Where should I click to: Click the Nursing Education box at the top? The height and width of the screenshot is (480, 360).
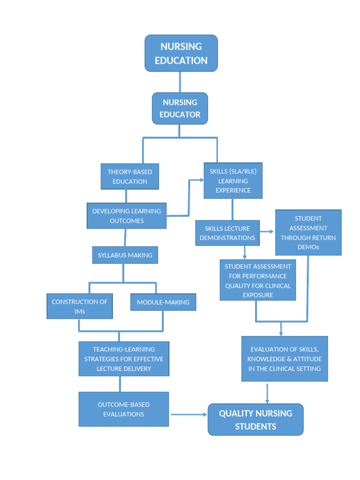[x=181, y=53]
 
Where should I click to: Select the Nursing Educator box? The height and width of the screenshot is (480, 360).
[x=180, y=108]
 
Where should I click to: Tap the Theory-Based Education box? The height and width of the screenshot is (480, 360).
[x=130, y=177]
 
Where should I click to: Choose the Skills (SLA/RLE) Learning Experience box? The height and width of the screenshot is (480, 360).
[x=233, y=181]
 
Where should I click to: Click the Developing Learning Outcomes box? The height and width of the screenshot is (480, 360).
[x=127, y=216]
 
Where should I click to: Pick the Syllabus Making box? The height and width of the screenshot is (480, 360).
[x=125, y=255]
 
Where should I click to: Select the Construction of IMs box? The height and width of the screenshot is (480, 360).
[x=79, y=306]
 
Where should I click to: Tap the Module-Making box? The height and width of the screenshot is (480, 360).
[x=163, y=302]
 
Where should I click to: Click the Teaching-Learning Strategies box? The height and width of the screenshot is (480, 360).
[x=124, y=359]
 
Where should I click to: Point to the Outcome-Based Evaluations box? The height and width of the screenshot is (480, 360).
[x=124, y=409]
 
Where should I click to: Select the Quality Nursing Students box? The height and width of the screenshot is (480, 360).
[x=255, y=420]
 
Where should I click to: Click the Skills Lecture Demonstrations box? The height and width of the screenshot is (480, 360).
[x=227, y=233]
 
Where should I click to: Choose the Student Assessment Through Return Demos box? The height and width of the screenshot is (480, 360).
[x=308, y=232]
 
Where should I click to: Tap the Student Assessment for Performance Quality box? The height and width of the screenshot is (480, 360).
[x=258, y=280]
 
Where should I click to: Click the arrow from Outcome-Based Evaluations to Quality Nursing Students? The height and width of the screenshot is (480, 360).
[x=189, y=414]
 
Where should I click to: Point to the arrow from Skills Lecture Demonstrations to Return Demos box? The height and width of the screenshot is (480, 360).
[x=267, y=232]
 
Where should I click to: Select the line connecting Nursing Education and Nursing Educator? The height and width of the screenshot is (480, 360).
[x=180, y=82]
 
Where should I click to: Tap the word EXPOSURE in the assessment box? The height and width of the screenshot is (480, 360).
[x=258, y=295]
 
